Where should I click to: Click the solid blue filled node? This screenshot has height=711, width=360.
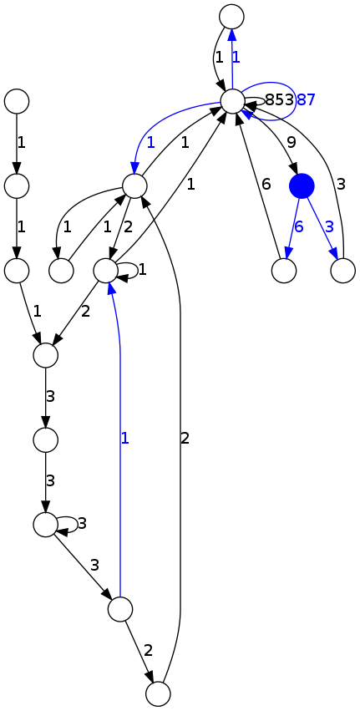click(302, 185)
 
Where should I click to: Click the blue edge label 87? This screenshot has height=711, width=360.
click(306, 100)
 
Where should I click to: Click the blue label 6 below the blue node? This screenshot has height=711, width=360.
click(298, 227)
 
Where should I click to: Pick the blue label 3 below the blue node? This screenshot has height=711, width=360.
click(330, 227)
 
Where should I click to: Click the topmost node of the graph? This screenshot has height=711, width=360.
click(231, 15)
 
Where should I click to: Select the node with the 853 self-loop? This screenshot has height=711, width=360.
click(232, 101)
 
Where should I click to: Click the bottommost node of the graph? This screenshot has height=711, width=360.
click(158, 694)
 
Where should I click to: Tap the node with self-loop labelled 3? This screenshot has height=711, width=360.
click(45, 524)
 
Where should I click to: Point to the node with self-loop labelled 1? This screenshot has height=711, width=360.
click(104, 271)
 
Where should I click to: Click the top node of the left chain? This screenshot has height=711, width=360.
click(17, 101)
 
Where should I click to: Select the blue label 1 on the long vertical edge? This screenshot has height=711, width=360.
click(125, 438)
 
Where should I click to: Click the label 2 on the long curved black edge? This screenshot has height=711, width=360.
click(185, 438)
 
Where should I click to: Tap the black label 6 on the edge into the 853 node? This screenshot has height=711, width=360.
click(266, 185)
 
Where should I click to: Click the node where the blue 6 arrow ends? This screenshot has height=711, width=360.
click(284, 271)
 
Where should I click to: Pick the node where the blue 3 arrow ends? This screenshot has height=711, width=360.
click(342, 271)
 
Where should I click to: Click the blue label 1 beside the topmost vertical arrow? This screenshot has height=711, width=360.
click(236, 58)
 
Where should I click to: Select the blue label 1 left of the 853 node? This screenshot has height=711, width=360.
click(150, 142)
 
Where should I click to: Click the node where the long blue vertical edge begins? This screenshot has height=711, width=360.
click(120, 609)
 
